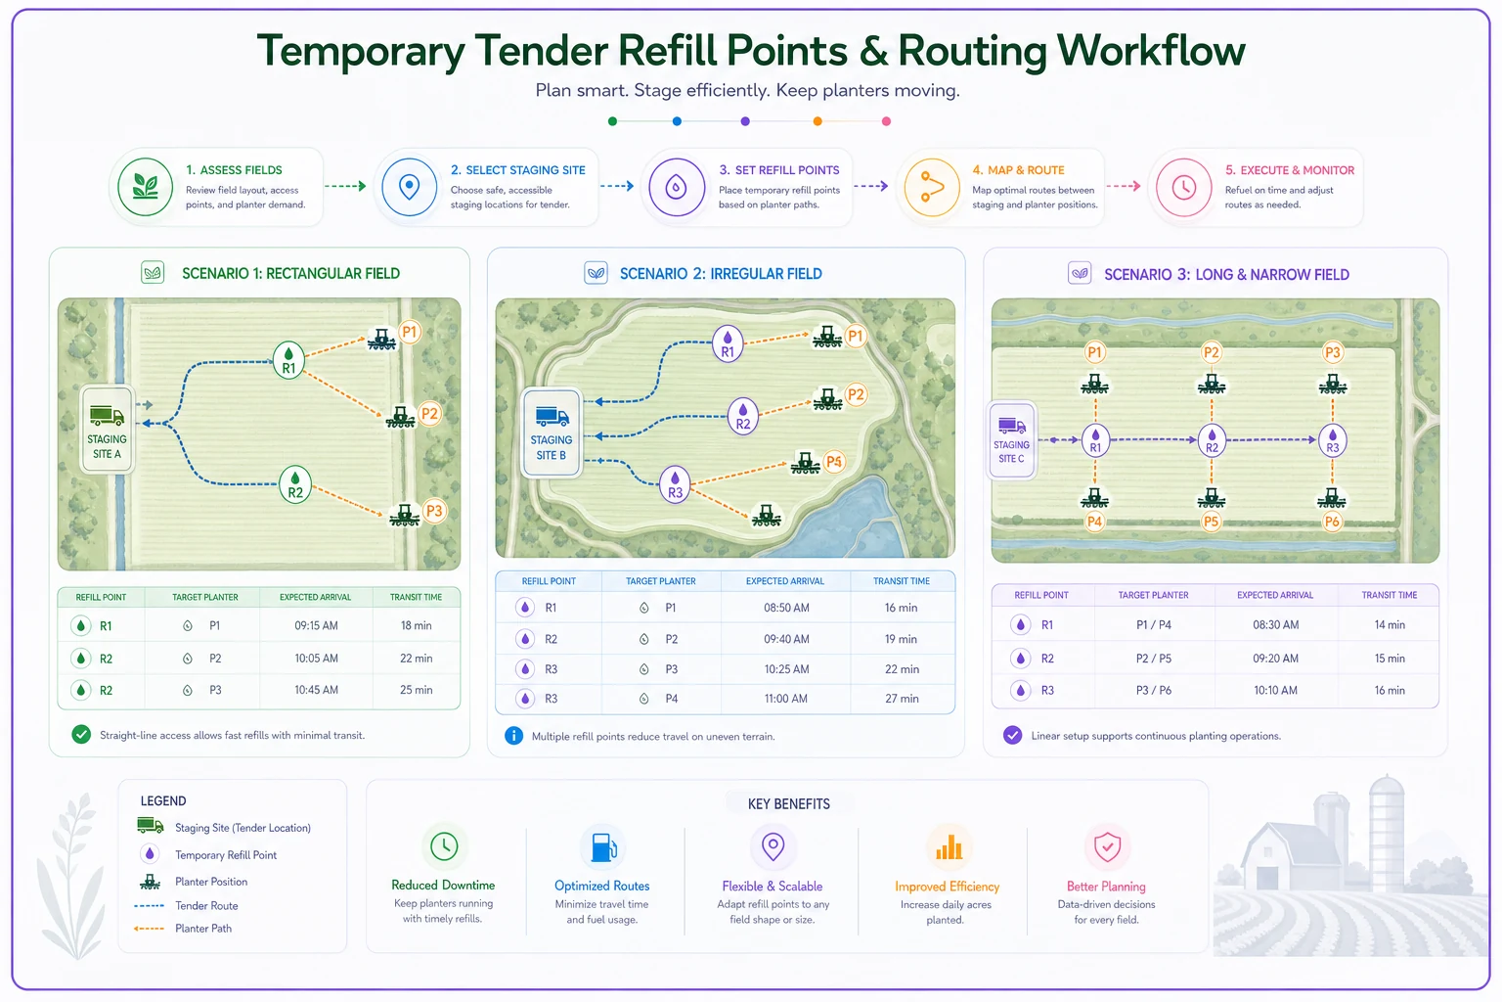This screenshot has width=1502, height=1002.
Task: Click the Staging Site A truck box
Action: tap(107, 430)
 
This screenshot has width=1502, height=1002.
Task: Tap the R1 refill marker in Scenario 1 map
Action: tap(288, 360)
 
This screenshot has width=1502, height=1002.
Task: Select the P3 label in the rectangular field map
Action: tap(434, 512)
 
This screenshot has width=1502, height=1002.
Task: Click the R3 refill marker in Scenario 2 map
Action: tap(676, 484)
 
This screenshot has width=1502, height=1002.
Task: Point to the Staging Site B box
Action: tap(552, 433)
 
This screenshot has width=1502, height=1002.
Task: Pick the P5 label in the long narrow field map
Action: tap(1211, 522)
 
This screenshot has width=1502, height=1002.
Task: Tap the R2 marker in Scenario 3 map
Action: tap(1212, 440)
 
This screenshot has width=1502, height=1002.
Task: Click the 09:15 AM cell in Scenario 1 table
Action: tap(316, 625)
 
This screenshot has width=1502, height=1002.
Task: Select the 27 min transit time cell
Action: tap(902, 699)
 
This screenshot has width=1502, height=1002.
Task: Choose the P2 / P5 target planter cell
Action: tap(1153, 659)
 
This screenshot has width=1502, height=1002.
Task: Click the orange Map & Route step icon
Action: tap(931, 187)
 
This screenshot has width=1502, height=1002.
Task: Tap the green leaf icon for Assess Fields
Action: tap(146, 187)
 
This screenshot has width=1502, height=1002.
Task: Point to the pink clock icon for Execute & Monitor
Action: tap(1183, 187)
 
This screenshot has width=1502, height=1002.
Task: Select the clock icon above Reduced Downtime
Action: tap(444, 846)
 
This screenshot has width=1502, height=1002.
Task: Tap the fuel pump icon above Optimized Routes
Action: tap(603, 847)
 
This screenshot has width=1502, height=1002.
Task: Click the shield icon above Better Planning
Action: tap(1107, 847)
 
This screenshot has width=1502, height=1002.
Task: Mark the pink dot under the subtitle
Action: tap(886, 121)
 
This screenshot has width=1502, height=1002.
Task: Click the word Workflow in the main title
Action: tap(1151, 51)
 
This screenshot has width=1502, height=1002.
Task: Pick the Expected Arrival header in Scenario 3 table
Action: tap(1275, 595)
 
